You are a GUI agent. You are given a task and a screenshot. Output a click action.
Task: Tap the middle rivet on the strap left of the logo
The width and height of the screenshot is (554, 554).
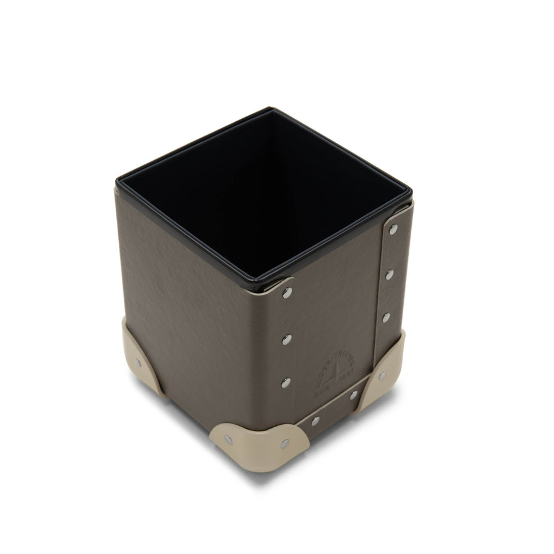tap(286, 339)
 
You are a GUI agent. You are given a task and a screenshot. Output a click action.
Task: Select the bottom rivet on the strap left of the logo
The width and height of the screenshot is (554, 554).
tap(286, 382)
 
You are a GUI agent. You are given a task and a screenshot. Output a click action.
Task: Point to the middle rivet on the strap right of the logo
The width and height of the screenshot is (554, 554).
tap(389, 275)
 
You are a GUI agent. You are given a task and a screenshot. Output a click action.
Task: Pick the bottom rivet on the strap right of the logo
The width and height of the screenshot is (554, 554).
tap(386, 318)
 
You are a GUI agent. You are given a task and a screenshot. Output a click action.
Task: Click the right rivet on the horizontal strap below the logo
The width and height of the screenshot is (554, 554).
tap(354, 395)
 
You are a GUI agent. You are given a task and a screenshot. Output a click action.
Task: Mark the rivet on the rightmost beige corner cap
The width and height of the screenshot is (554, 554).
tap(382, 375)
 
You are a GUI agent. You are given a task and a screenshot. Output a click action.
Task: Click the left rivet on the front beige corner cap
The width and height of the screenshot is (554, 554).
tap(228, 439)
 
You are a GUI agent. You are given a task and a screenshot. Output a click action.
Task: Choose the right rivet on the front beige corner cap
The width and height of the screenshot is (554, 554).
tap(284, 443)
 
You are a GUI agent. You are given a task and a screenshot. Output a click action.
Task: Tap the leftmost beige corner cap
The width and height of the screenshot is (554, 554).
tap(140, 360)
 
